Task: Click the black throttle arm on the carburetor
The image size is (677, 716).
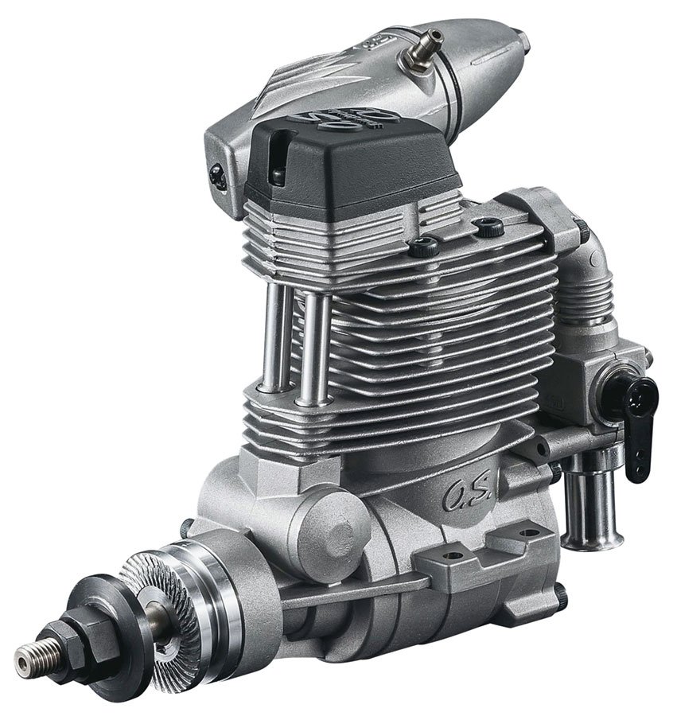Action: pyautogui.click(x=640, y=426)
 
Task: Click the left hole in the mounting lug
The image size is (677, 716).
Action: pyautogui.click(x=453, y=555)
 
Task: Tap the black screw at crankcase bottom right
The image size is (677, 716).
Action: pyautogui.click(x=561, y=593)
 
